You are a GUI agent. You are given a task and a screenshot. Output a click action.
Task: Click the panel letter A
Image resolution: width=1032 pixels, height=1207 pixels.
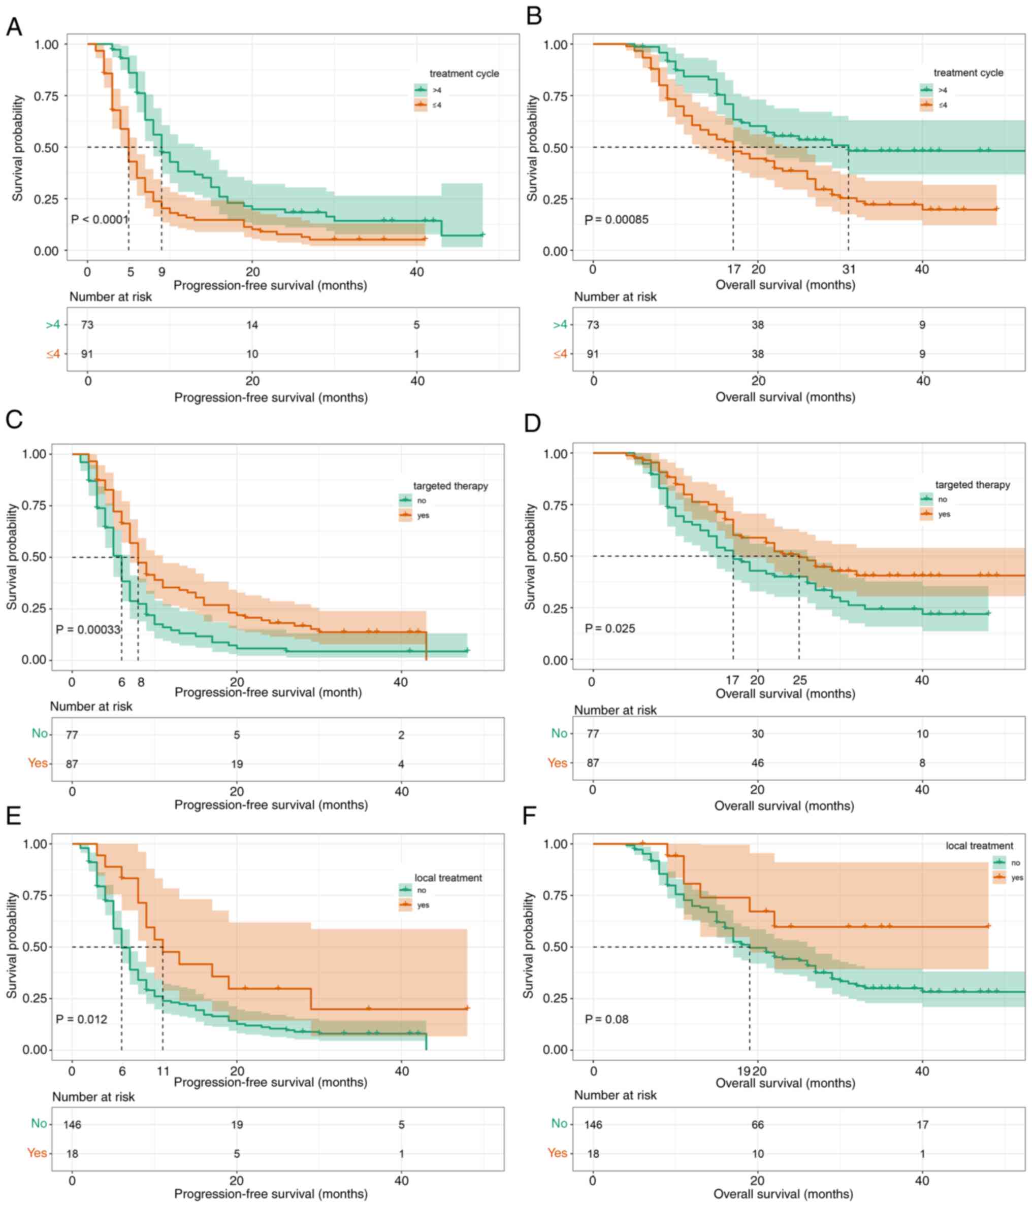point(14,27)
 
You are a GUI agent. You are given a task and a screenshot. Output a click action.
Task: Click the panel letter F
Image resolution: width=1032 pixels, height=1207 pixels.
point(529,816)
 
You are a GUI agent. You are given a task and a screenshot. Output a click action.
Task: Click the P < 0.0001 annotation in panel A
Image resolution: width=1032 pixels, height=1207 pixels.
point(99,220)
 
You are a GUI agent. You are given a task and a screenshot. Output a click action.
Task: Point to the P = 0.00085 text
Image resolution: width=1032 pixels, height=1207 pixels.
point(616,220)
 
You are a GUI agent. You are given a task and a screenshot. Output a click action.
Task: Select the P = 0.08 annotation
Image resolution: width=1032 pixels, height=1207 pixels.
point(606,1019)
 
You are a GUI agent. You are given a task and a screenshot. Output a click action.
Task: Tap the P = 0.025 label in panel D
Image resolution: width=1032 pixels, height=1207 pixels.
point(609,628)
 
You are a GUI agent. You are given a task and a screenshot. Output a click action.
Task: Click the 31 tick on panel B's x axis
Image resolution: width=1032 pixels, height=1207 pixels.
point(849,270)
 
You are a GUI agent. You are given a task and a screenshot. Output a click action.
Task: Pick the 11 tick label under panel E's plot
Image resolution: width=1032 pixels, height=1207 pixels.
point(163,1070)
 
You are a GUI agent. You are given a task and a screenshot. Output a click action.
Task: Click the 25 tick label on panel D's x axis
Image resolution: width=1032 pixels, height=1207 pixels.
point(799,680)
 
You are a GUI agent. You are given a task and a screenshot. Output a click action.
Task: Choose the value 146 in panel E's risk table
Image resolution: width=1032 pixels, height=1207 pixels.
point(72,1124)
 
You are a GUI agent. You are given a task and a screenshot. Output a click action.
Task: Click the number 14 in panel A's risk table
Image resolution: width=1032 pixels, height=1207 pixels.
point(252,324)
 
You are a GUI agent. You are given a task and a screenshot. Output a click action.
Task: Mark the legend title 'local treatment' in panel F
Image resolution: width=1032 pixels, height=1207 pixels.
point(979,845)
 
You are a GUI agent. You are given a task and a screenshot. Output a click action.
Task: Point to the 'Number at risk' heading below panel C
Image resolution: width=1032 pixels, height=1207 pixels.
point(91,706)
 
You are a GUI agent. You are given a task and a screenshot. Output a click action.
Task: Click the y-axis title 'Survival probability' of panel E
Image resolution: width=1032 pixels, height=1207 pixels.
point(12,946)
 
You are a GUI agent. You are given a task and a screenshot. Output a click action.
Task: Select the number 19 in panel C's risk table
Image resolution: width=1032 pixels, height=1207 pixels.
point(237,764)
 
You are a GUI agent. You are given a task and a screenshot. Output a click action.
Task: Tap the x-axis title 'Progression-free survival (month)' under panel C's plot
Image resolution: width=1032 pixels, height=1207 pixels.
point(268,693)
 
